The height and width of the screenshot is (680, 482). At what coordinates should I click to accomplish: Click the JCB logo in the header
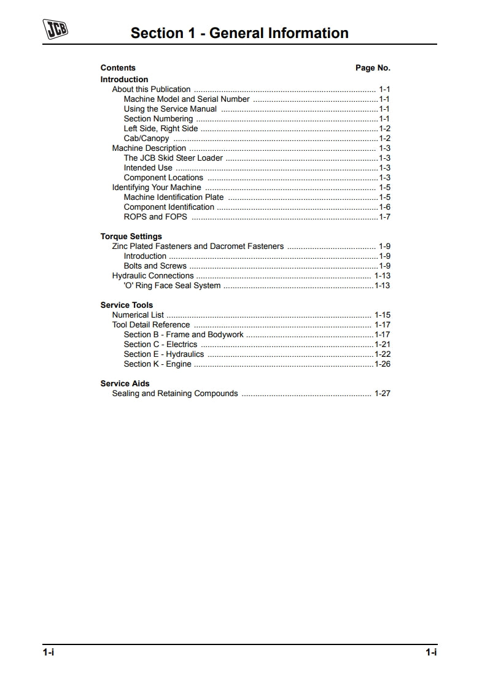pyautogui.click(x=55, y=29)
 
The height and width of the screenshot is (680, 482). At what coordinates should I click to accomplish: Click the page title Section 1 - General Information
pyautogui.click(x=239, y=33)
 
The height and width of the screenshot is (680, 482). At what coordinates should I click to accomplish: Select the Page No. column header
pyautogui.click(x=373, y=68)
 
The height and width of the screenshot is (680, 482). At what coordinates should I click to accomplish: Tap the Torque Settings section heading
pyautogui.click(x=131, y=236)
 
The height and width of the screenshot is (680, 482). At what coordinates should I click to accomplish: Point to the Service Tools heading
pyautogui.click(x=126, y=305)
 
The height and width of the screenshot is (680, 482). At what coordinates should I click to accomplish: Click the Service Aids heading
pyautogui.click(x=125, y=383)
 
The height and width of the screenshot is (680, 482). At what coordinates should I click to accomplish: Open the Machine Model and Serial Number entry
pyautogui.click(x=187, y=99)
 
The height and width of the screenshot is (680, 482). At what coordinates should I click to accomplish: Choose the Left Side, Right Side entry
pyautogui.click(x=161, y=128)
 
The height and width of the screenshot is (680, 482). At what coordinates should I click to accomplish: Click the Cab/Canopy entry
pyautogui.click(x=146, y=138)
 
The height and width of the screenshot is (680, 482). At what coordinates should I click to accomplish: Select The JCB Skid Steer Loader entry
pyautogui.click(x=173, y=158)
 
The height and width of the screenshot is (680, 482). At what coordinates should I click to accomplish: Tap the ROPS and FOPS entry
pyautogui.click(x=155, y=216)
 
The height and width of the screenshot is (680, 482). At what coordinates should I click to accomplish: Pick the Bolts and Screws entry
pyautogui.click(x=155, y=266)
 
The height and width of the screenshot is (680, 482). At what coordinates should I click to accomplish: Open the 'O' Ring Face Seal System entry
pyautogui.click(x=172, y=285)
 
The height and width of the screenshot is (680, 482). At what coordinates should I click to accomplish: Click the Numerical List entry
pyautogui.click(x=138, y=315)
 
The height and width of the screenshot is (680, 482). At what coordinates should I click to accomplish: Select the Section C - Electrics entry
pyautogui.click(x=160, y=344)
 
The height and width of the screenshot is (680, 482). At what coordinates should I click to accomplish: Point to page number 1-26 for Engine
pyautogui.click(x=383, y=364)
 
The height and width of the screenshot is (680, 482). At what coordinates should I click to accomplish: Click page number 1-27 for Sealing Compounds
pyautogui.click(x=383, y=393)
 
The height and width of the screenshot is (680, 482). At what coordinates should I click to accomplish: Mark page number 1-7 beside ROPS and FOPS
pyautogui.click(x=385, y=216)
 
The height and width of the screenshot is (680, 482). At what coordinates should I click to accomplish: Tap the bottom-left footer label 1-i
pyautogui.click(x=49, y=652)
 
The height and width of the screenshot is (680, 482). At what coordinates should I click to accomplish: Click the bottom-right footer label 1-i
pyautogui.click(x=432, y=652)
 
